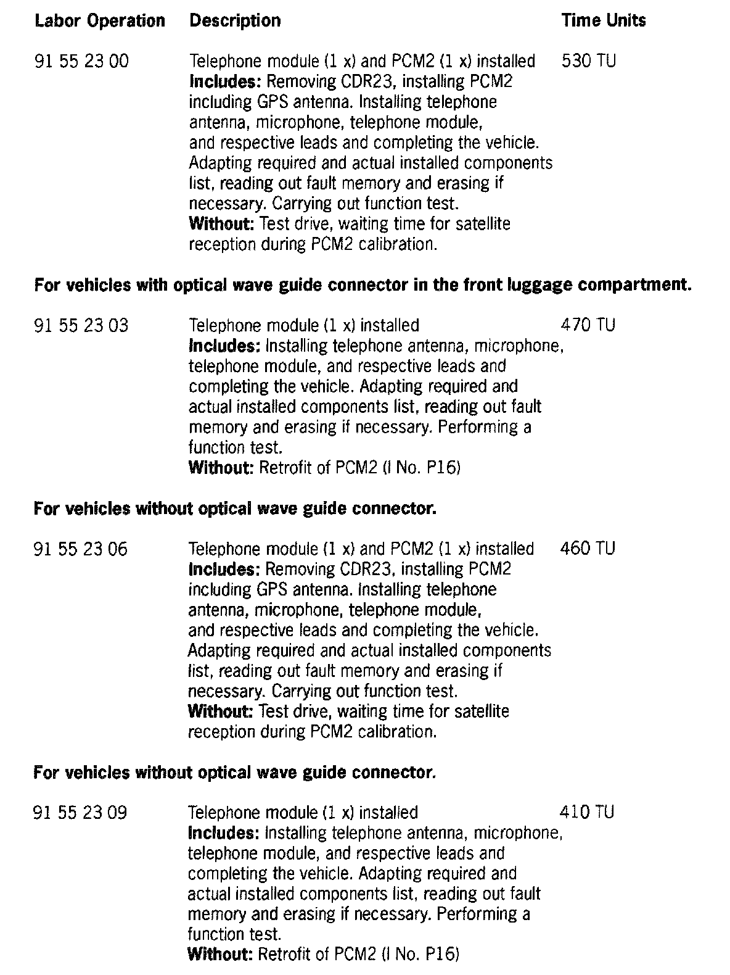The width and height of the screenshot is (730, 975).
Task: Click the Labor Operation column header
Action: [x=100, y=21]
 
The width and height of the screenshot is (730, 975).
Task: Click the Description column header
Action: [x=235, y=21]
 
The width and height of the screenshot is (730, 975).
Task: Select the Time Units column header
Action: [x=603, y=21]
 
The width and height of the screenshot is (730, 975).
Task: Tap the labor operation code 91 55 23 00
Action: [x=82, y=62]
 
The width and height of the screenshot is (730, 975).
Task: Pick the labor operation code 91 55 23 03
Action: [x=82, y=325]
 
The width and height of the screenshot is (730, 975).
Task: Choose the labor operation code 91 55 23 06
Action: [x=81, y=549]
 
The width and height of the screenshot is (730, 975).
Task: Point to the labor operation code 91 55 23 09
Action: [x=81, y=813]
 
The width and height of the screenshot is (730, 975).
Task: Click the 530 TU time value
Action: [x=588, y=62]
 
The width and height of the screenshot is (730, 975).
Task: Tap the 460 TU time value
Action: [x=587, y=549]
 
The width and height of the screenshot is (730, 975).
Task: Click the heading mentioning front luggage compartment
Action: [x=362, y=285]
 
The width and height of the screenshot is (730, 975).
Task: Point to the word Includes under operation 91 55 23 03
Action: [x=224, y=346]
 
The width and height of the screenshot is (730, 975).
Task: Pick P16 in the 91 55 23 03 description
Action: [x=443, y=468]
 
